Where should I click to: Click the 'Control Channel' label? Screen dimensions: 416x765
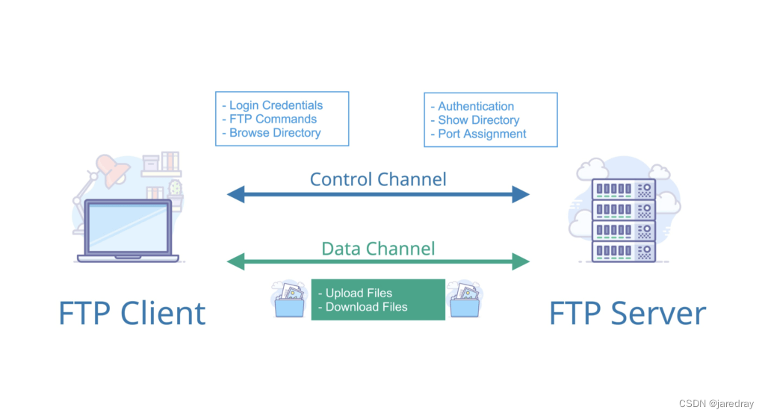(378, 179)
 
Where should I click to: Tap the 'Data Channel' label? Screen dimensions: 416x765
(378, 248)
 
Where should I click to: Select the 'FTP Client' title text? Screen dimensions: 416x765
(131, 314)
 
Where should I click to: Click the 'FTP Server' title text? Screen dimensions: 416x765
(628, 314)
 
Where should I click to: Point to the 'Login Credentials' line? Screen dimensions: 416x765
(276, 105)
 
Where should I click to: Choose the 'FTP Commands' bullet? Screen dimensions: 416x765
(273, 119)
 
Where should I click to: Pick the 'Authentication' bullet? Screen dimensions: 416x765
(476, 106)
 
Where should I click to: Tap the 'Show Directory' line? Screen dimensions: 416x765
(478, 120)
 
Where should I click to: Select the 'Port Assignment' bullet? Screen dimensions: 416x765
(482, 134)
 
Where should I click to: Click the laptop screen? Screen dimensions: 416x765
(128, 227)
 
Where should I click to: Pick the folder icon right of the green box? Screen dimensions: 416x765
(463, 300)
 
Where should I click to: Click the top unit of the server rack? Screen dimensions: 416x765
(624, 189)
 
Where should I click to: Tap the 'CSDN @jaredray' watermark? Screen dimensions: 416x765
(718, 403)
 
